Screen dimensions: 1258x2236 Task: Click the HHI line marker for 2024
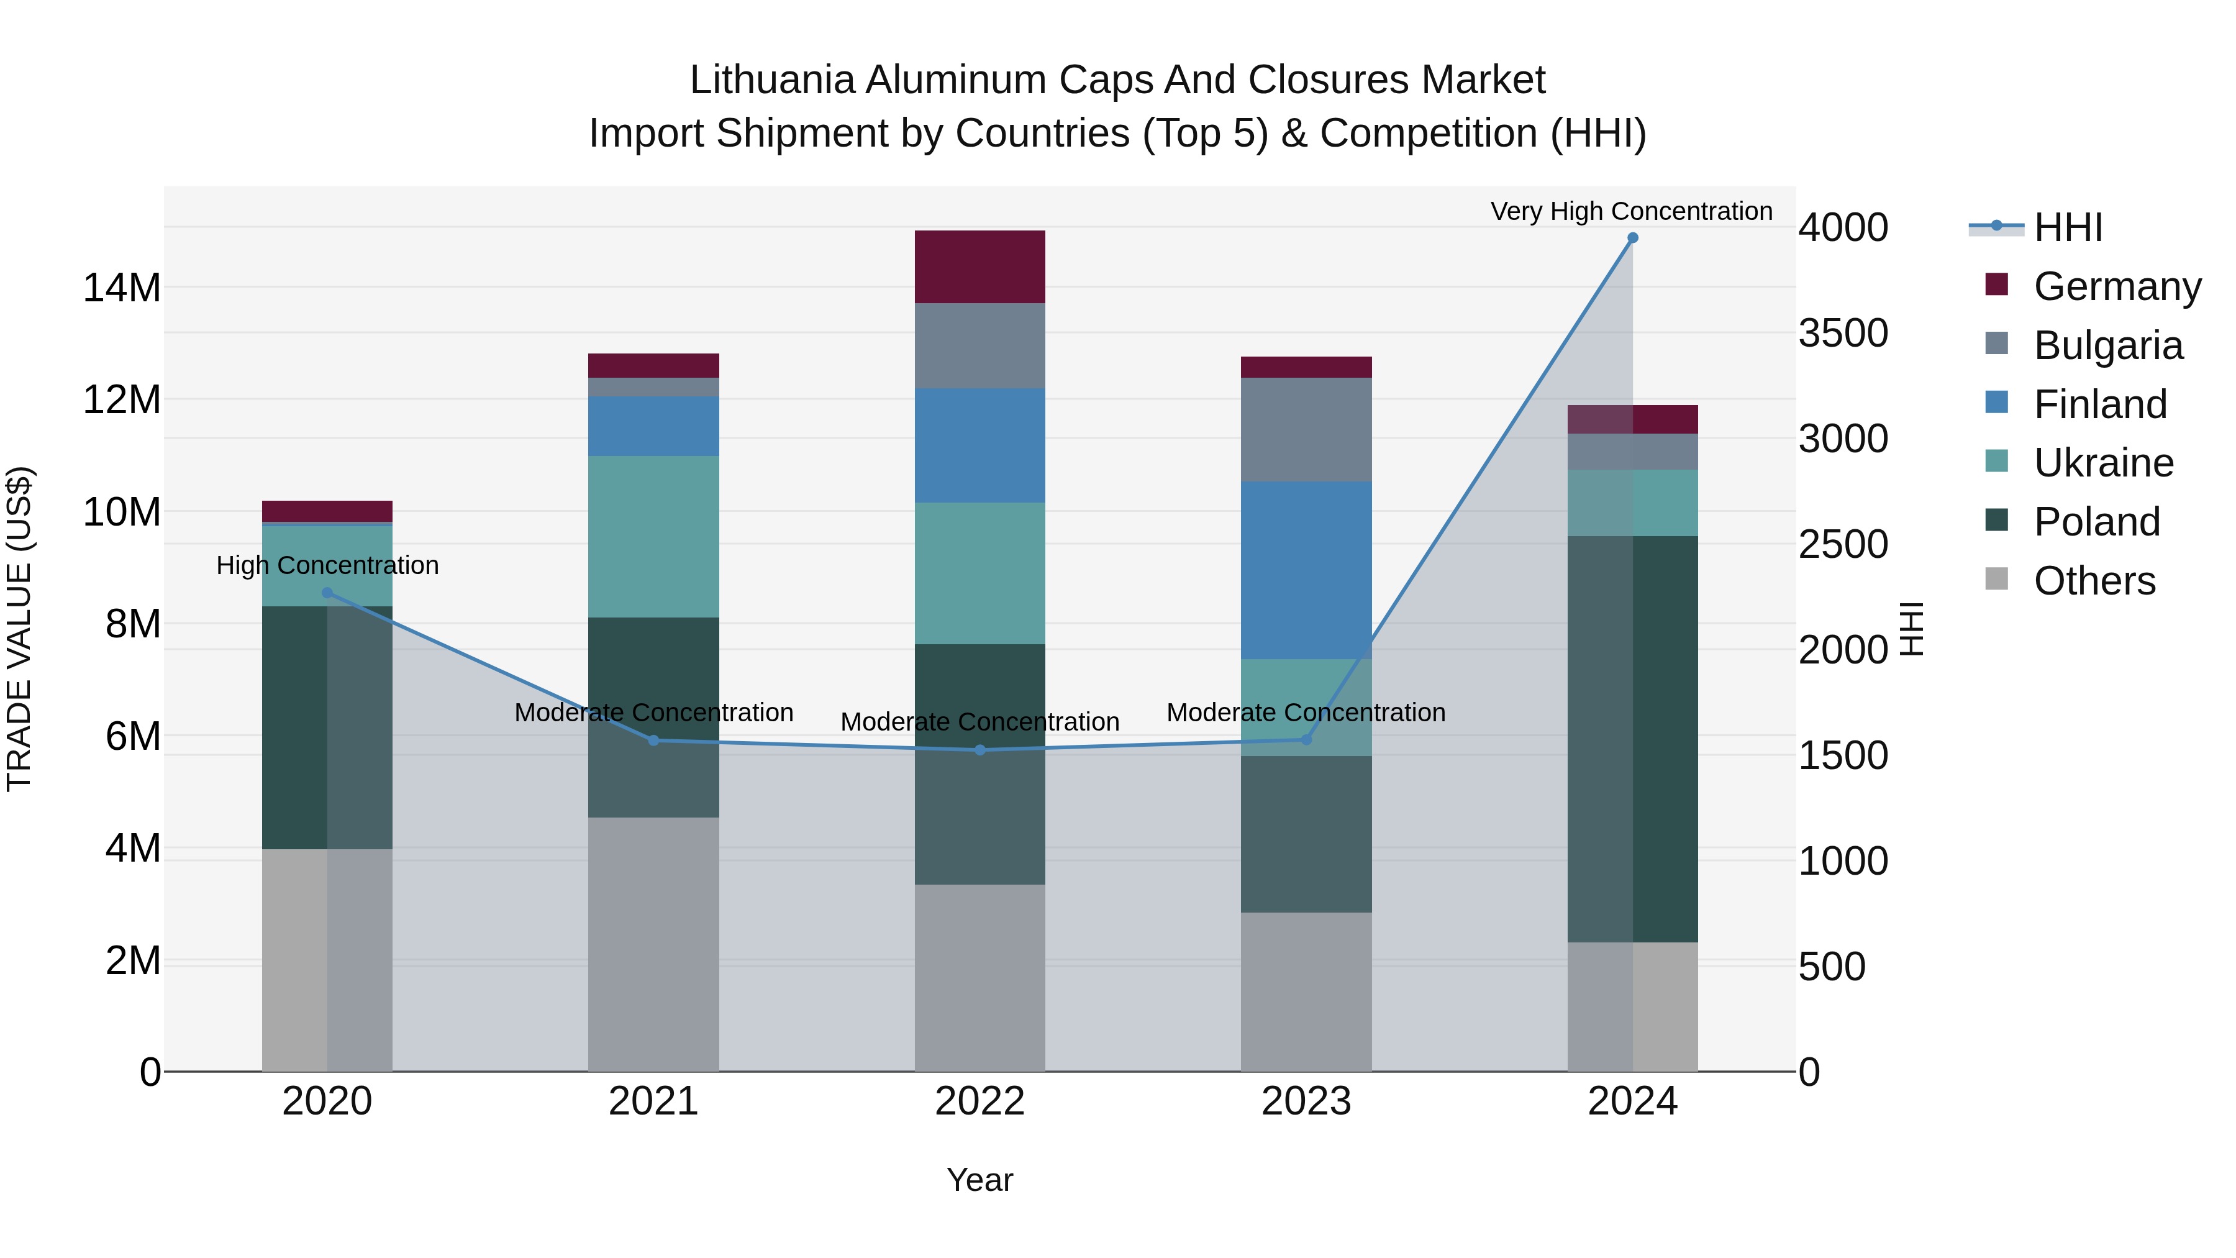(1632, 238)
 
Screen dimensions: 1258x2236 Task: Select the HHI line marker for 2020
(327, 593)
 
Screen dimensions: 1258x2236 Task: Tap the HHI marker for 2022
(980, 750)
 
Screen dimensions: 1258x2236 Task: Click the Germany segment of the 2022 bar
(980, 267)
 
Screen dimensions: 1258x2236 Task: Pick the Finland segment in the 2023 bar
(1306, 570)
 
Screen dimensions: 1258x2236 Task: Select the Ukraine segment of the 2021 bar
(653, 537)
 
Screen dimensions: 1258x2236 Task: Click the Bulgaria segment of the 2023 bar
(1306, 430)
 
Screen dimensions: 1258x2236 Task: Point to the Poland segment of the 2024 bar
(1632, 739)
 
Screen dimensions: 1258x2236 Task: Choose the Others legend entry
(2094, 581)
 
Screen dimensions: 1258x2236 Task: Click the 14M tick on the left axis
(122, 288)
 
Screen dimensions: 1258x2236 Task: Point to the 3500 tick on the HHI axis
(1843, 334)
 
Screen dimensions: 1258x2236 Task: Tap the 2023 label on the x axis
(1306, 1101)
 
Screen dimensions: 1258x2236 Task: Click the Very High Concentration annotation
(1631, 211)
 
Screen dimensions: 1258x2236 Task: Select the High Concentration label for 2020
(327, 565)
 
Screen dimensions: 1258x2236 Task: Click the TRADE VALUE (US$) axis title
(20, 629)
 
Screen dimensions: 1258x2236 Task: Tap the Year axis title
(980, 1180)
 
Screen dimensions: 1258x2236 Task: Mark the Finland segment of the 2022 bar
(980, 445)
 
